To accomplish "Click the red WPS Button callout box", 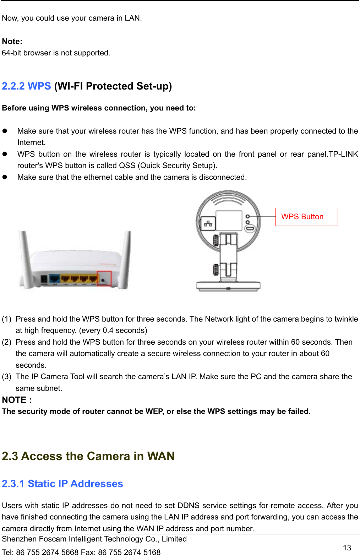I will (x=306, y=217).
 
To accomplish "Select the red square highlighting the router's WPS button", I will (x=104, y=278).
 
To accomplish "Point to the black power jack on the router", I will (x=44, y=280).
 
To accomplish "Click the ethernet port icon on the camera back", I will (x=208, y=223).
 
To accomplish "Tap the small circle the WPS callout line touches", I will (x=248, y=216).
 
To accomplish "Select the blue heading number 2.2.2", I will (x=13, y=86).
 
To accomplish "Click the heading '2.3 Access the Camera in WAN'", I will (x=88, y=456).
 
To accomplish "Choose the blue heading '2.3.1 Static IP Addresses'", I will (x=62, y=484).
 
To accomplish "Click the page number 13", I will (x=347, y=548).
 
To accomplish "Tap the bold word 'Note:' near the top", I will (x=12, y=42).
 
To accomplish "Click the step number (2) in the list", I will (x=7, y=342).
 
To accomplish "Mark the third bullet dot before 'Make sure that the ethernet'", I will (x=5, y=177).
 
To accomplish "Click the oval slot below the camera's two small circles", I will (x=250, y=228).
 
